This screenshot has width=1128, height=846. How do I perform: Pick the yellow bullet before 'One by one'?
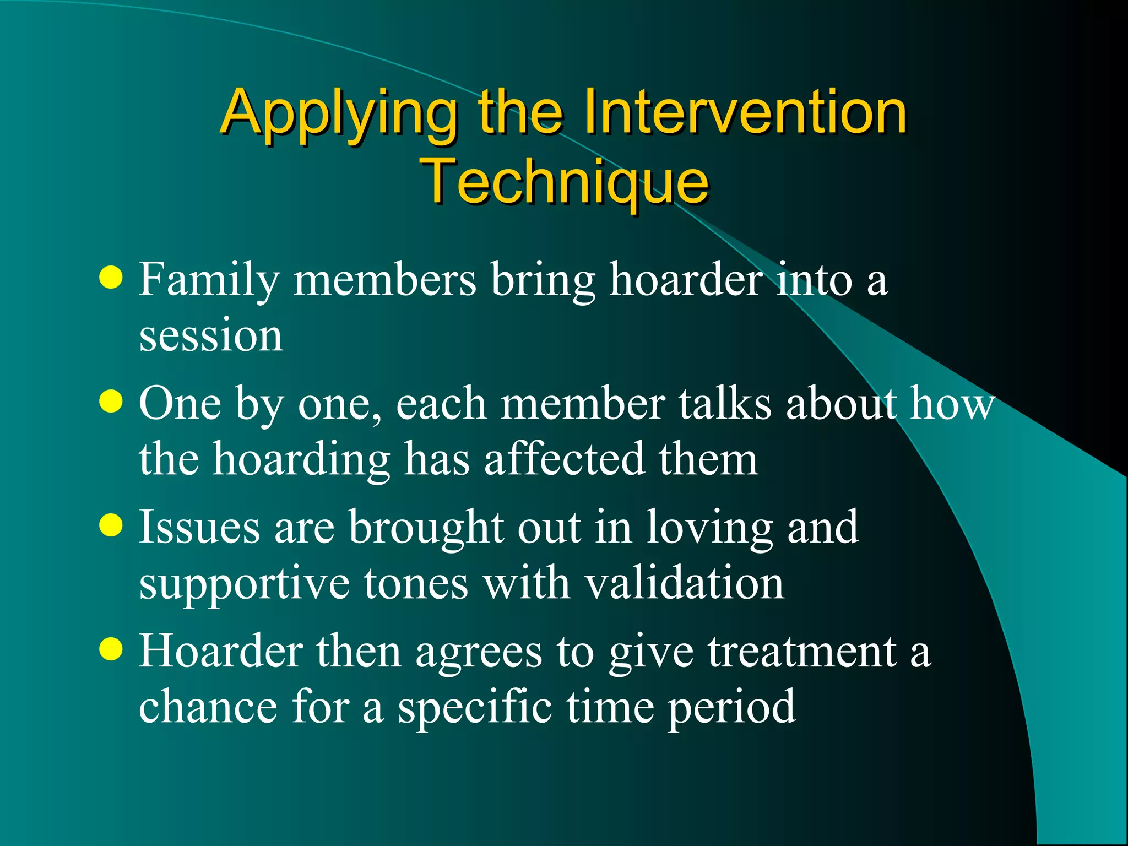pyautogui.click(x=111, y=402)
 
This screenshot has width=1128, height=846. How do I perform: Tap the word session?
pyautogui.click(x=210, y=335)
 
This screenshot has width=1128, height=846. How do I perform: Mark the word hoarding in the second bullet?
pyautogui.click(x=301, y=460)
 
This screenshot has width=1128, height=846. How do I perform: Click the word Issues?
pyautogui.click(x=199, y=527)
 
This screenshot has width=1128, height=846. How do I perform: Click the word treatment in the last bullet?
pyautogui.click(x=802, y=652)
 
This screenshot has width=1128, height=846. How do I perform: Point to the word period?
pyautogui.click(x=732, y=708)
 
